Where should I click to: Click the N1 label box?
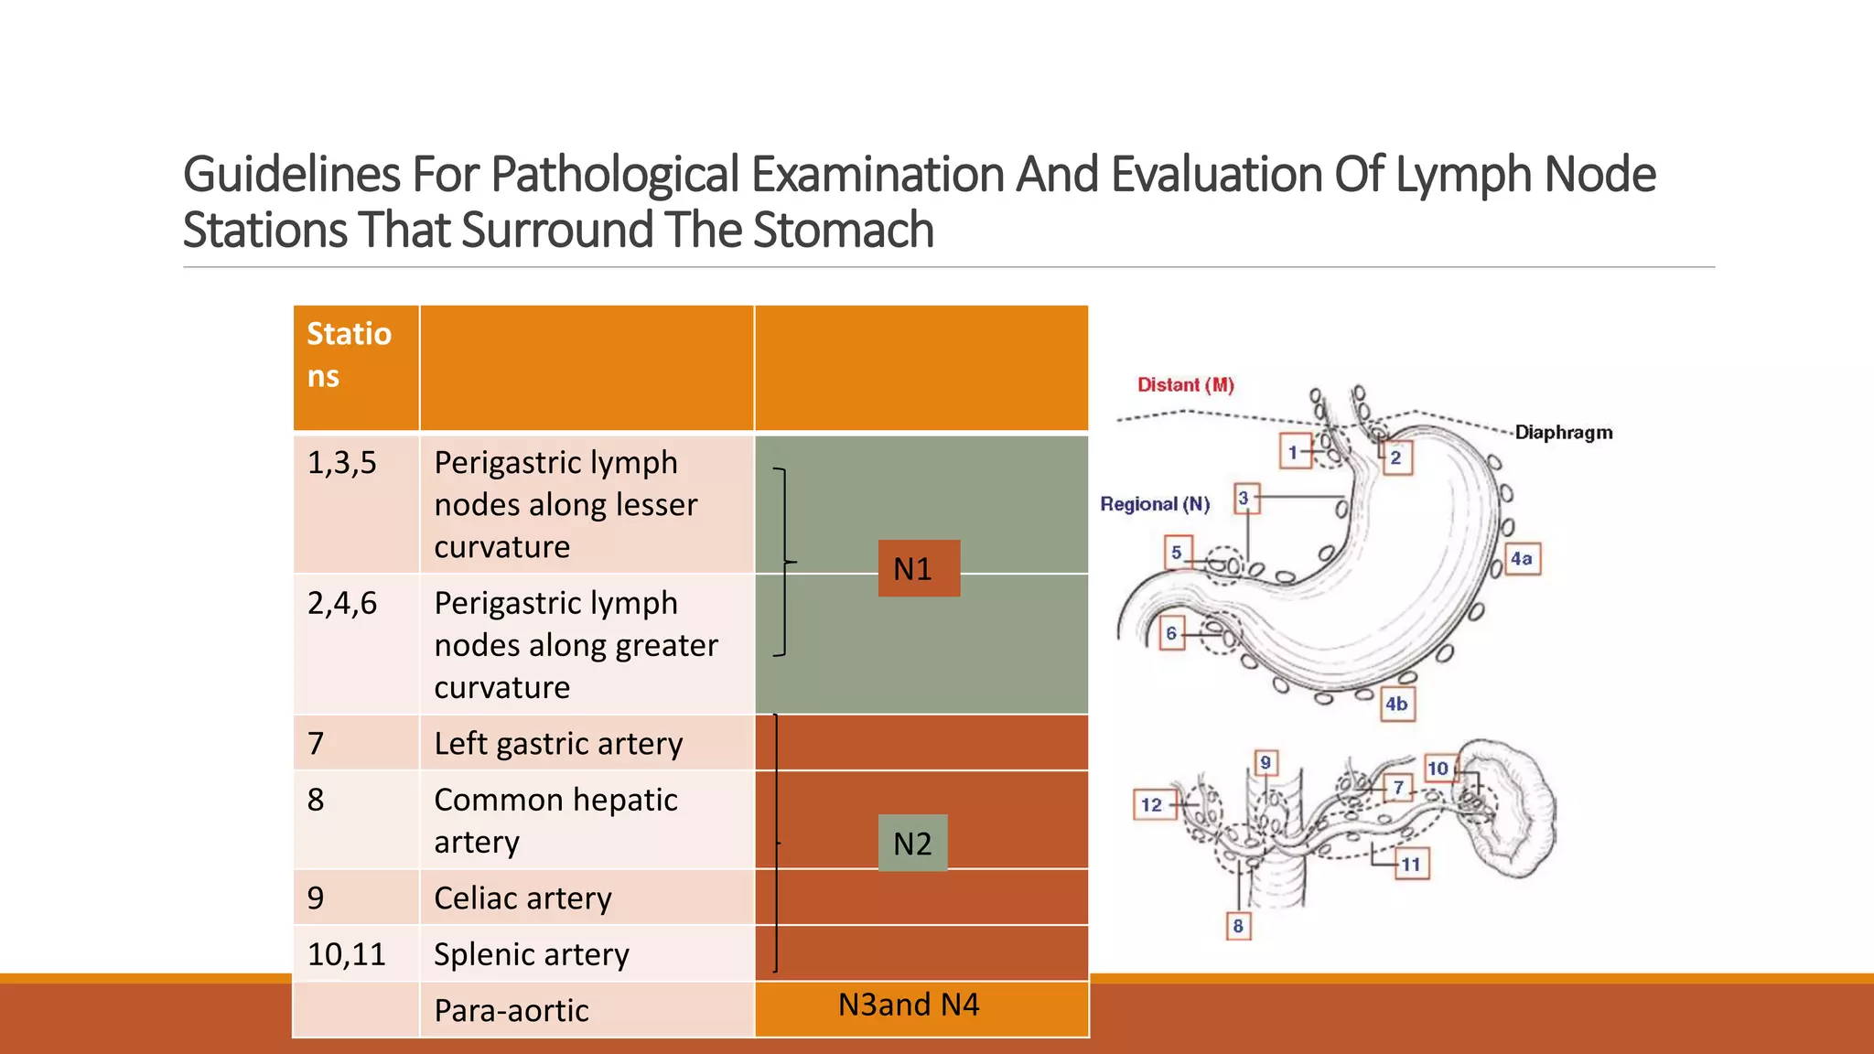coord(919,568)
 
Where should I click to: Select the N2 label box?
coord(912,843)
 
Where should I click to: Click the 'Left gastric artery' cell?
coord(586,743)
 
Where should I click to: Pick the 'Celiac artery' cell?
coord(586,898)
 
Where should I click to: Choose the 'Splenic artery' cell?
coord(586,954)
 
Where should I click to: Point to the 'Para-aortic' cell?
coord(586,1010)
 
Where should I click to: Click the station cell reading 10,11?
coord(355,954)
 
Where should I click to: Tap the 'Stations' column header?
coord(355,367)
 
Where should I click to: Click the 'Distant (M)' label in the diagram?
coord(1185,385)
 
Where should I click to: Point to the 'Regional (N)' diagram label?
coord(1155,504)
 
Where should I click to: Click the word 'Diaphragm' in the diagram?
coord(1563,432)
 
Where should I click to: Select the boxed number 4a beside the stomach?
coord(1522,558)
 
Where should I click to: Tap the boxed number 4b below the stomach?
coord(1395,704)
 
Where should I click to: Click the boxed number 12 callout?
coord(1151,804)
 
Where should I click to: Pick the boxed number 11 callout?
coord(1411,864)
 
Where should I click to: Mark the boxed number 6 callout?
coord(1171,633)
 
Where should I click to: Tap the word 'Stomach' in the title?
coord(843,230)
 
